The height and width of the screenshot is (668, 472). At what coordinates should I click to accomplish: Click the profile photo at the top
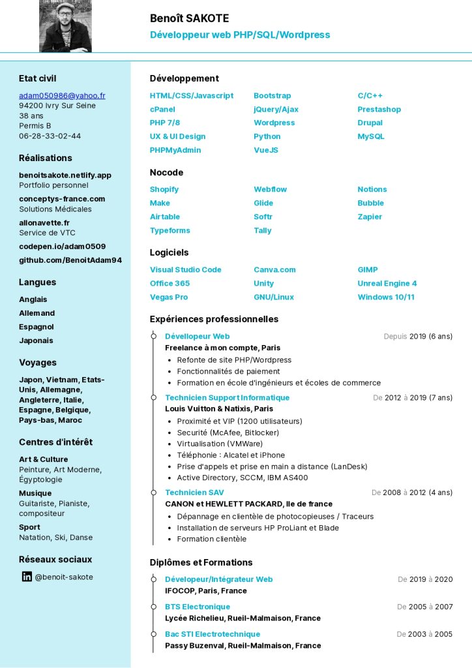pyautogui.click(x=65, y=26)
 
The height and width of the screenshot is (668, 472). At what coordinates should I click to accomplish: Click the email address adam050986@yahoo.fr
pyautogui.click(x=62, y=95)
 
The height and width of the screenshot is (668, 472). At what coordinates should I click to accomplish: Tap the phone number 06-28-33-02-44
pyautogui.click(x=50, y=136)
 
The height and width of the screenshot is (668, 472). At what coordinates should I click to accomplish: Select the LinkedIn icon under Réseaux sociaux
pyautogui.click(x=27, y=577)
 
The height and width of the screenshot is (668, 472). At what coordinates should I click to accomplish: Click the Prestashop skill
pyautogui.click(x=379, y=109)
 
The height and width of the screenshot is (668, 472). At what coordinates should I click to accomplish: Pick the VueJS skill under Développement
pyautogui.click(x=266, y=150)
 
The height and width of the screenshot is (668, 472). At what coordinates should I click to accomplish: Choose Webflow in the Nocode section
pyautogui.click(x=270, y=189)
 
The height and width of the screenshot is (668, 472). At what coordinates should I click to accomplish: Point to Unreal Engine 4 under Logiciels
pyautogui.click(x=387, y=283)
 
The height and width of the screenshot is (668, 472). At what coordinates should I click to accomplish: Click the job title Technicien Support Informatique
pyautogui.click(x=227, y=397)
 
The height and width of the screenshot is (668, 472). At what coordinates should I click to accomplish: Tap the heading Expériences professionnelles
pyautogui.click(x=214, y=319)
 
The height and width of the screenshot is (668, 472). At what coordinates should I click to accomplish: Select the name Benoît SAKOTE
pyautogui.click(x=189, y=18)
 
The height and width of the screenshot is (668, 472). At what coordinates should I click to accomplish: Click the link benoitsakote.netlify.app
pyautogui.click(x=65, y=175)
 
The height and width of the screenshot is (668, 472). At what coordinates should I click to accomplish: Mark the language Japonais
pyautogui.click(x=36, y=341)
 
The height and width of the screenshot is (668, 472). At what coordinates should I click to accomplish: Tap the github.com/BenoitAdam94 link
pyautogui.click(x=70, y=260)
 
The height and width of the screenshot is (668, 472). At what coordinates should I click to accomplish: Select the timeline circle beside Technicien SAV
pyautogui.click(x=153, y=493)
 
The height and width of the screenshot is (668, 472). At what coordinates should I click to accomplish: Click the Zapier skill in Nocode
pyautogui.click(x=370, y=217)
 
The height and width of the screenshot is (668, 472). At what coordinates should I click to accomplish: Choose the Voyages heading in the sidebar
pyautogui.click(x=38, y=362)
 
